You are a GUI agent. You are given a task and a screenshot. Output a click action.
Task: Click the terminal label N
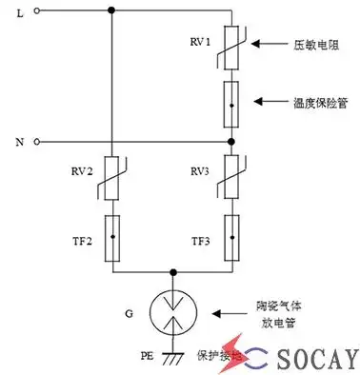point(21,142)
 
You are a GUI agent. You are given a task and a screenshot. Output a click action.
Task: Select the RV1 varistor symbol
point(233,44)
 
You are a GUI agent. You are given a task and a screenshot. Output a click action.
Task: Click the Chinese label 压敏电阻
point(314,45)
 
